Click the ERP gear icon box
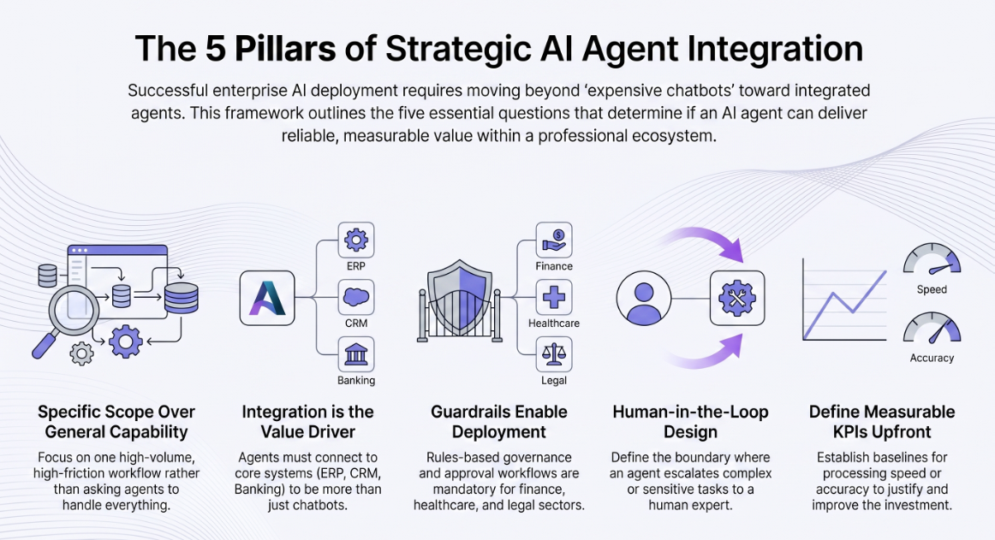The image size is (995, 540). [356, 240]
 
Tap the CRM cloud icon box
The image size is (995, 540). [356, 297]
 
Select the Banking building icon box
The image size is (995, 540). [356, 354]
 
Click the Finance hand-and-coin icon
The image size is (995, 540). [554, 240]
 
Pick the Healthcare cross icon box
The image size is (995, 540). [554, 297]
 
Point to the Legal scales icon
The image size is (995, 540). [554, 354]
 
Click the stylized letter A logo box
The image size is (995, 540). [267, 298]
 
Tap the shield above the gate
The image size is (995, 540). [460, 292]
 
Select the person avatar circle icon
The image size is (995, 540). [643, 298]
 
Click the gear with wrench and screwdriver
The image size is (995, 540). [736, 298]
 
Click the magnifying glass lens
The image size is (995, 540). [74, 311]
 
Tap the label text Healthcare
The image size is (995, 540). [554, 323]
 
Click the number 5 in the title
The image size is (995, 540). [216, 49]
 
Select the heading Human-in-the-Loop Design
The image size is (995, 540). [690, 421]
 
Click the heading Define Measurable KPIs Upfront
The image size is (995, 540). [882, 421]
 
